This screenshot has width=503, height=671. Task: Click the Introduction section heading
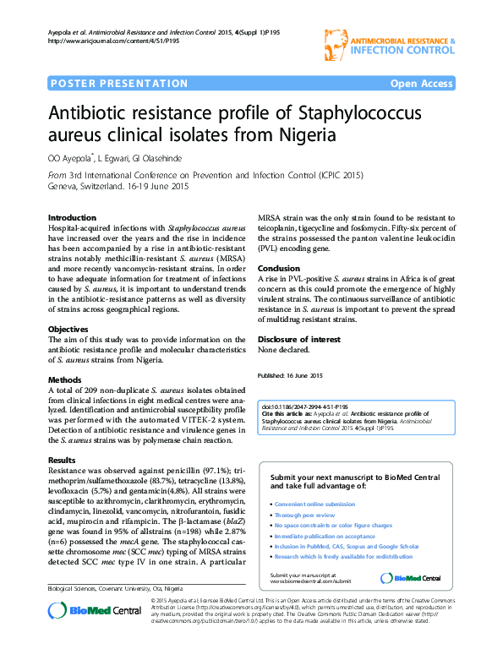coord(72,217)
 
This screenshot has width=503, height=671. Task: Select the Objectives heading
coord(68,329)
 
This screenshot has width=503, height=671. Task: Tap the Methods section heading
coord(65,379)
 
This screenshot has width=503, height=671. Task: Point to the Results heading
coord(63,460)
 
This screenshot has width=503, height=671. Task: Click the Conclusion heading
coord(278,268)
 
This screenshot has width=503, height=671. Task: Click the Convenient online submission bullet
coord(313,504)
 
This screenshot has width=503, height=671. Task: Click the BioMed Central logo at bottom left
coord(83,635)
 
